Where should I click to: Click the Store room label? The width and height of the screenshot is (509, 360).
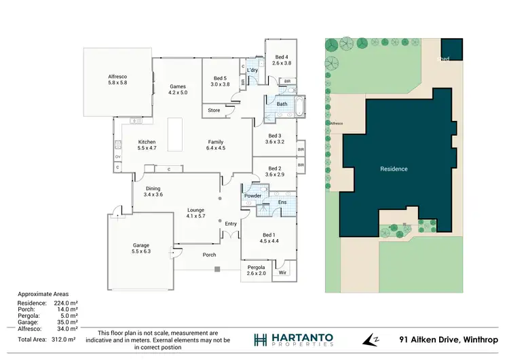pos(214,109)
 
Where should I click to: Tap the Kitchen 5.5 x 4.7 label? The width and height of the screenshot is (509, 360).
pos(128,144)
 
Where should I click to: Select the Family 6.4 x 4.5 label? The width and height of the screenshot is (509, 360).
pos(216,145)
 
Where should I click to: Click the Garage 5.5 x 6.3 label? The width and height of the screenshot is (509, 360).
pos(141,248)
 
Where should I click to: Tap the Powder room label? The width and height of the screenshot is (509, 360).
pos(253,196)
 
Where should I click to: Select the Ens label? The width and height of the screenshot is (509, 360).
pos(282,202)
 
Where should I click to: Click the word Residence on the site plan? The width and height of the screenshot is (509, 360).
pos(394,168)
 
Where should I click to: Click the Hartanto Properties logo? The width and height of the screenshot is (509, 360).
pos(294,339)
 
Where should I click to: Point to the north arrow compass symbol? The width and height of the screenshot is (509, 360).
pos(373,339)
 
